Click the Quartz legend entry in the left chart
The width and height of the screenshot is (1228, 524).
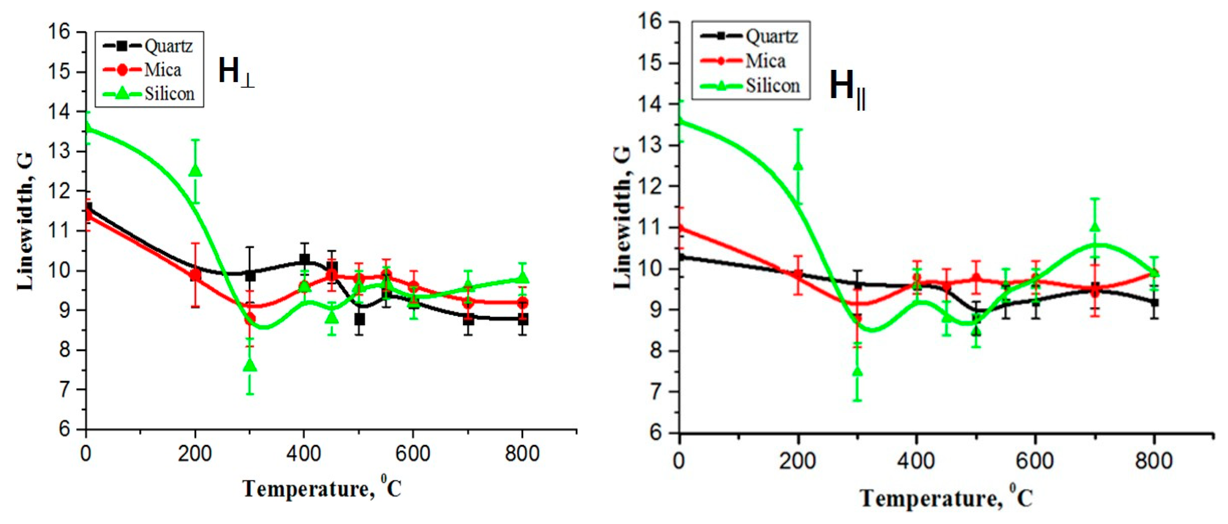[149, 46]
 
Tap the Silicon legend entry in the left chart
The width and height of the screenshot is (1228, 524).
[149, 93]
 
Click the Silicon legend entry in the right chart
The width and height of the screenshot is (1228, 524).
[750, 86]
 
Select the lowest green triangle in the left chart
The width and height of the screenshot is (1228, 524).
[250, 365]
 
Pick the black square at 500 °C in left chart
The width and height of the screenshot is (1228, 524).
[360, 319]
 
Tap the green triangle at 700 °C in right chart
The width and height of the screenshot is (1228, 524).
[1095, 227]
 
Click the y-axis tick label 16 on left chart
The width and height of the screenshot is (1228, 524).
[59, 32]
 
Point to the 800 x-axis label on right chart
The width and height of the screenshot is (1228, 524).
[1154, 461]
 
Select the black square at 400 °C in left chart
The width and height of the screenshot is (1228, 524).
[305, 259]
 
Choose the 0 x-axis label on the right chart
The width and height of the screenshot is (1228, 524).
[679, 461]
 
